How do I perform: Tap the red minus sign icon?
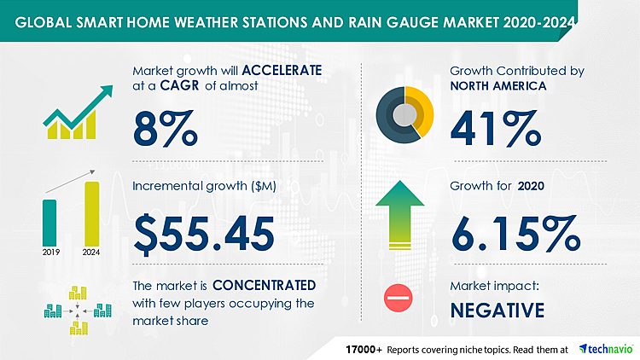point(399,299)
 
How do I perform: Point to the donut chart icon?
point(404,112)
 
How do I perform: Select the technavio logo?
point(605,350)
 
